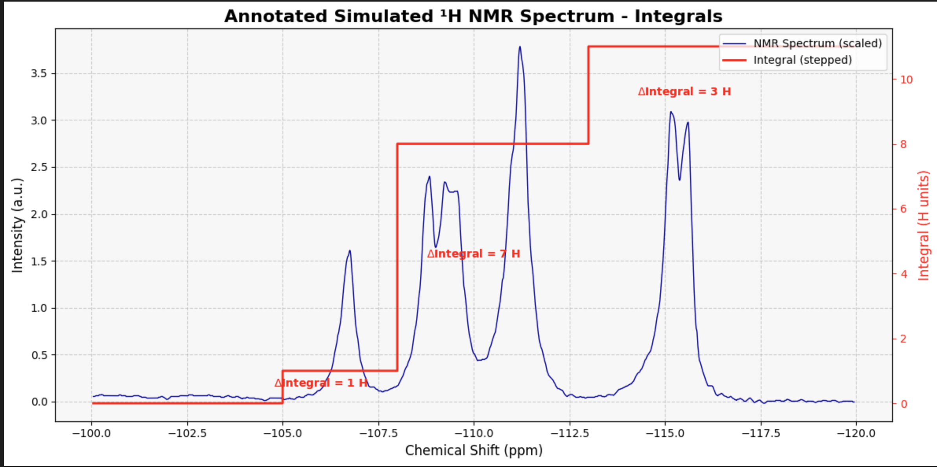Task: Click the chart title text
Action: click(473, 17)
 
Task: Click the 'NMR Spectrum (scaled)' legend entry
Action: click(817, 43)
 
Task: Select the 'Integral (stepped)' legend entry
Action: click(802, 60)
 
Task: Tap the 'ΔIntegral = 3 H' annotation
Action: click(684, 92)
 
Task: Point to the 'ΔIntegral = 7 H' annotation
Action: click(474, 254)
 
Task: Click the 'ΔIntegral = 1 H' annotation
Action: click(321, 383)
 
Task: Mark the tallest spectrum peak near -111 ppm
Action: click(520, 47)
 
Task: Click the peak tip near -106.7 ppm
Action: click(350, 250)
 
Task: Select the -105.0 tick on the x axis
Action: click(282, 434)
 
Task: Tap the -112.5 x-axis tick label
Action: click(570, 434)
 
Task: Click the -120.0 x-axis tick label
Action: click(856, 434)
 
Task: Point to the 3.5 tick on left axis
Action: click(39, 74)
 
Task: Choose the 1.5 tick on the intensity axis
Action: click(39, 261)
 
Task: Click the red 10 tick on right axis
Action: click(906, 80)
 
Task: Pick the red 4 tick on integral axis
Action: click(904, 274)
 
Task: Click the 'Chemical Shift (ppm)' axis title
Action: click(474, 450)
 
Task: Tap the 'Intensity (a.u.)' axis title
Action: click(17, 225)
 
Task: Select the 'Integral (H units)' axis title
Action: click(923, 225)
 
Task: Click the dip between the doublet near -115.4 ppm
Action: click(679, 180)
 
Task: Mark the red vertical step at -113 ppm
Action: click(588, 95)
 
